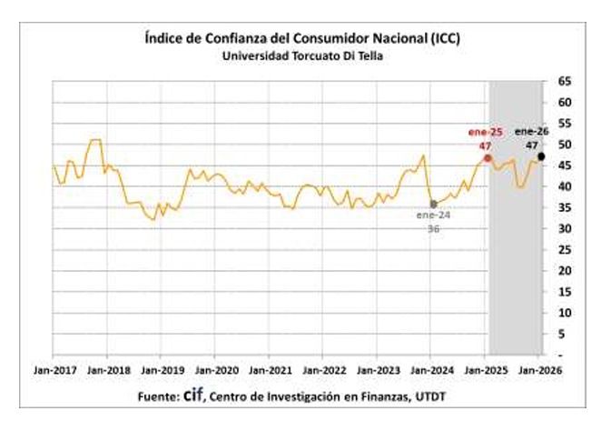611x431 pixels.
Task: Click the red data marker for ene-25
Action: click(x=488, y=158)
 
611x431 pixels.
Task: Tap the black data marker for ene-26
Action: click(x=541, y=157)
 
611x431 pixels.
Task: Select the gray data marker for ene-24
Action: click(x=433, y=204)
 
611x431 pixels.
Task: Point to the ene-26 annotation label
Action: click(x=531, y=131)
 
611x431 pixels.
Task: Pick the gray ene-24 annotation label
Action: click(x=433, y=216)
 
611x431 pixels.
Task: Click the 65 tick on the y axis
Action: click(x=564, y=82)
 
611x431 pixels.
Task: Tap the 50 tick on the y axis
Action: click(x=564, y=145)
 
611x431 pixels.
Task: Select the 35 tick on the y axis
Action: click(x=564, y=207)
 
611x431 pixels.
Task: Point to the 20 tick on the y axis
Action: click(x=564, y=270)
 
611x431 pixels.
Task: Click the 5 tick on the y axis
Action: click(x=564, y=333)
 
